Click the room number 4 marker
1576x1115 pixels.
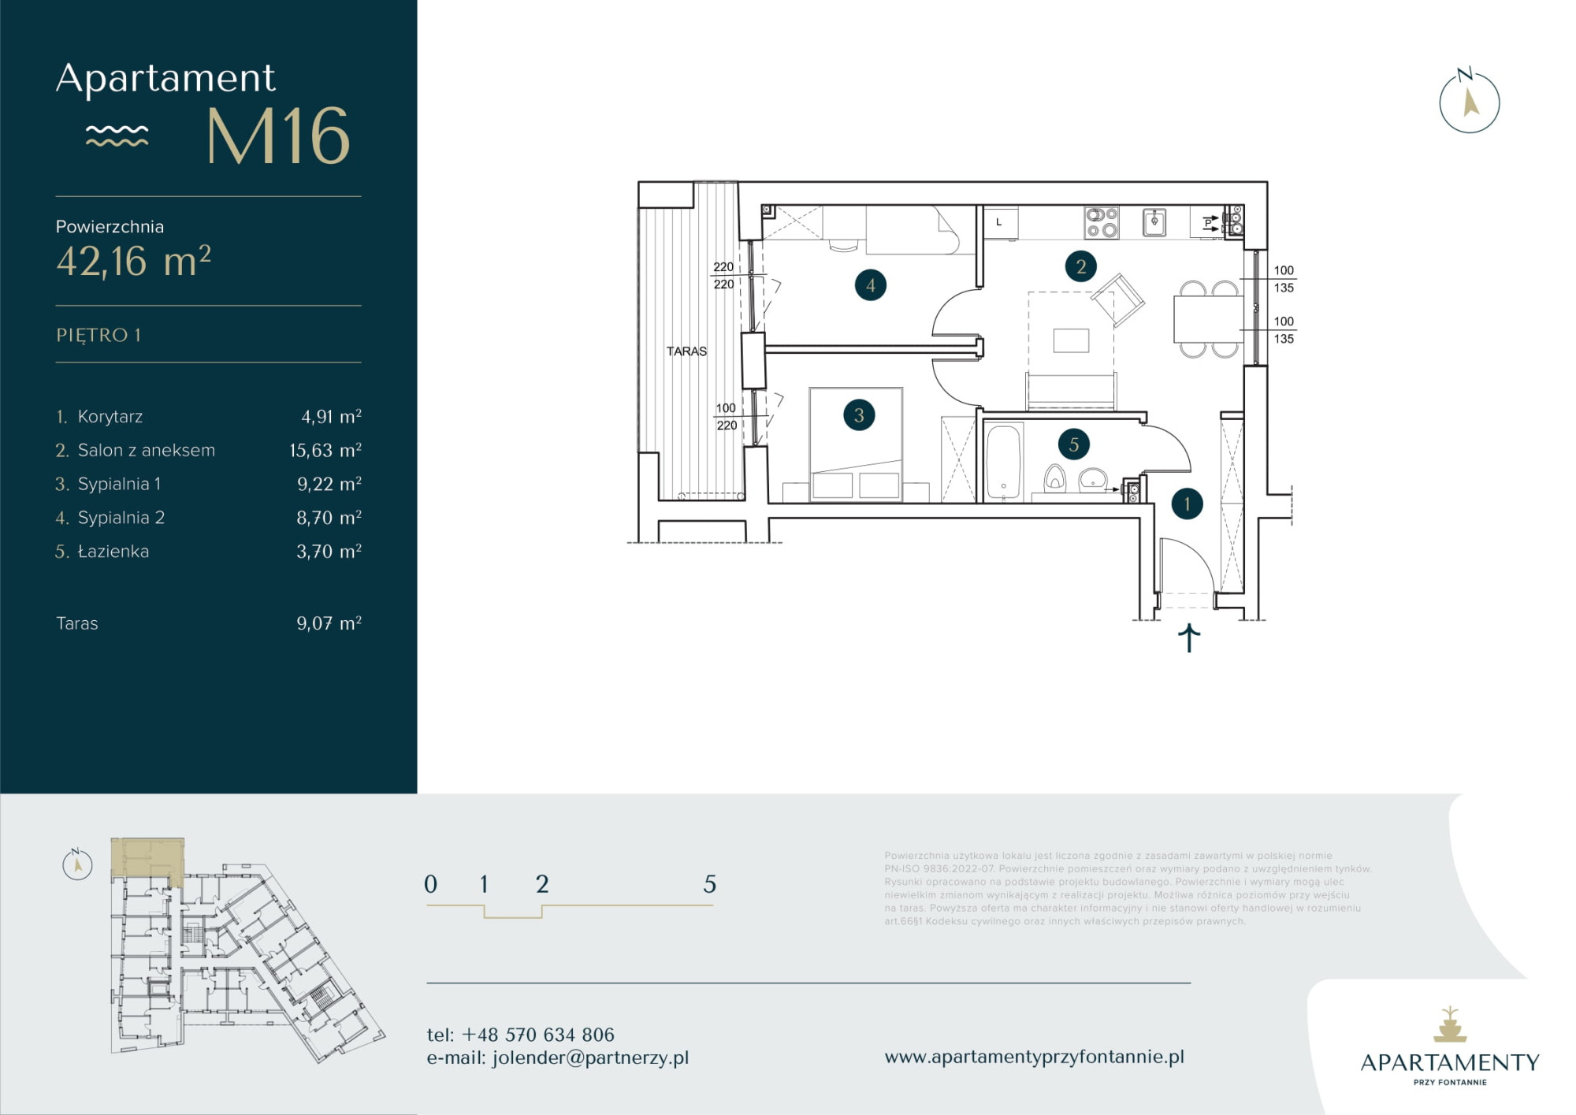tap(870, 285)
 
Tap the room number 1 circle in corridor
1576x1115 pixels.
tap(1187, 504)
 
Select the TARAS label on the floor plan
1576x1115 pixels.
tap(686, 351)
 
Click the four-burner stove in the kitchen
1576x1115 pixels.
tap(1101, 222)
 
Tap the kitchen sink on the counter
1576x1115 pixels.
tap(1154, 222)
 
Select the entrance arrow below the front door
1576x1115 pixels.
tap(1188, 637)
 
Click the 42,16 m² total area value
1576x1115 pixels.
tap(133, 261)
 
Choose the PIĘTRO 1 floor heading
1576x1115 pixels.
tap(98, 335)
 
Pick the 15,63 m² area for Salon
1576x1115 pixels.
tap(325, 450)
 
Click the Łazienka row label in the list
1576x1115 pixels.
tap(113, 552)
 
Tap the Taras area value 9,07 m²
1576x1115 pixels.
tap(329, 623)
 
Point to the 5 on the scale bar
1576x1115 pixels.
tap(709, 884)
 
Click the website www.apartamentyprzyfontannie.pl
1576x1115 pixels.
tap(1034, 1057)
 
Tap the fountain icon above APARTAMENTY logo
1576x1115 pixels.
tap(1449, 1024)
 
